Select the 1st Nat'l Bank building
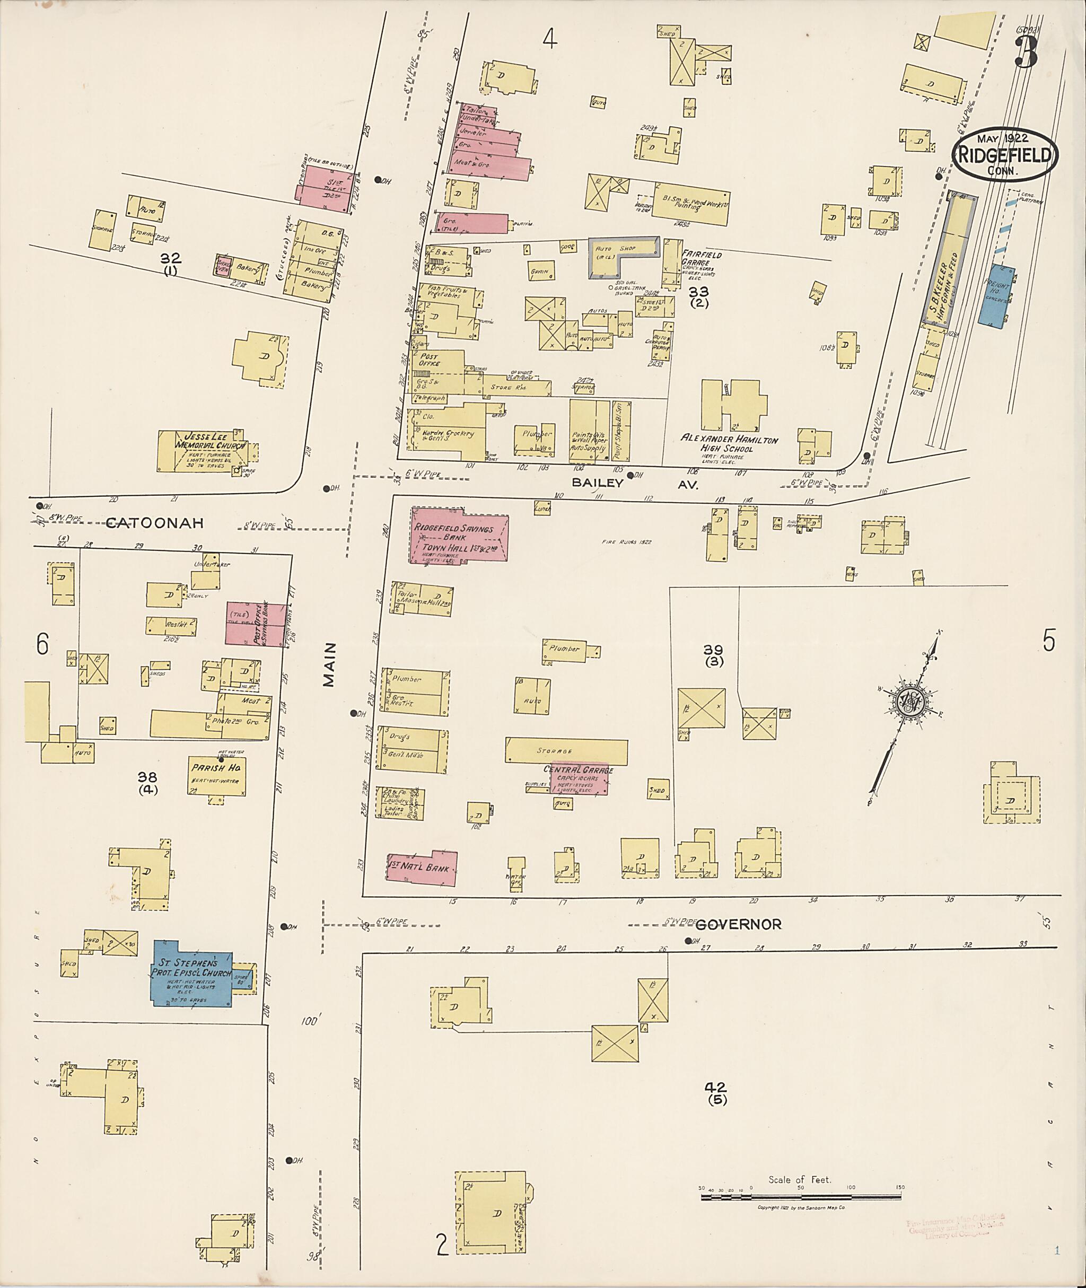(422, 868)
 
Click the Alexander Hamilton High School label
(729, 444)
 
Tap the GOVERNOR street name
(739, 924)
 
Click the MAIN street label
(329, 665)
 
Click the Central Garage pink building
(579, 779)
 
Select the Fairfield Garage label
(701, 259)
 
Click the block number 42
(716, 1087)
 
